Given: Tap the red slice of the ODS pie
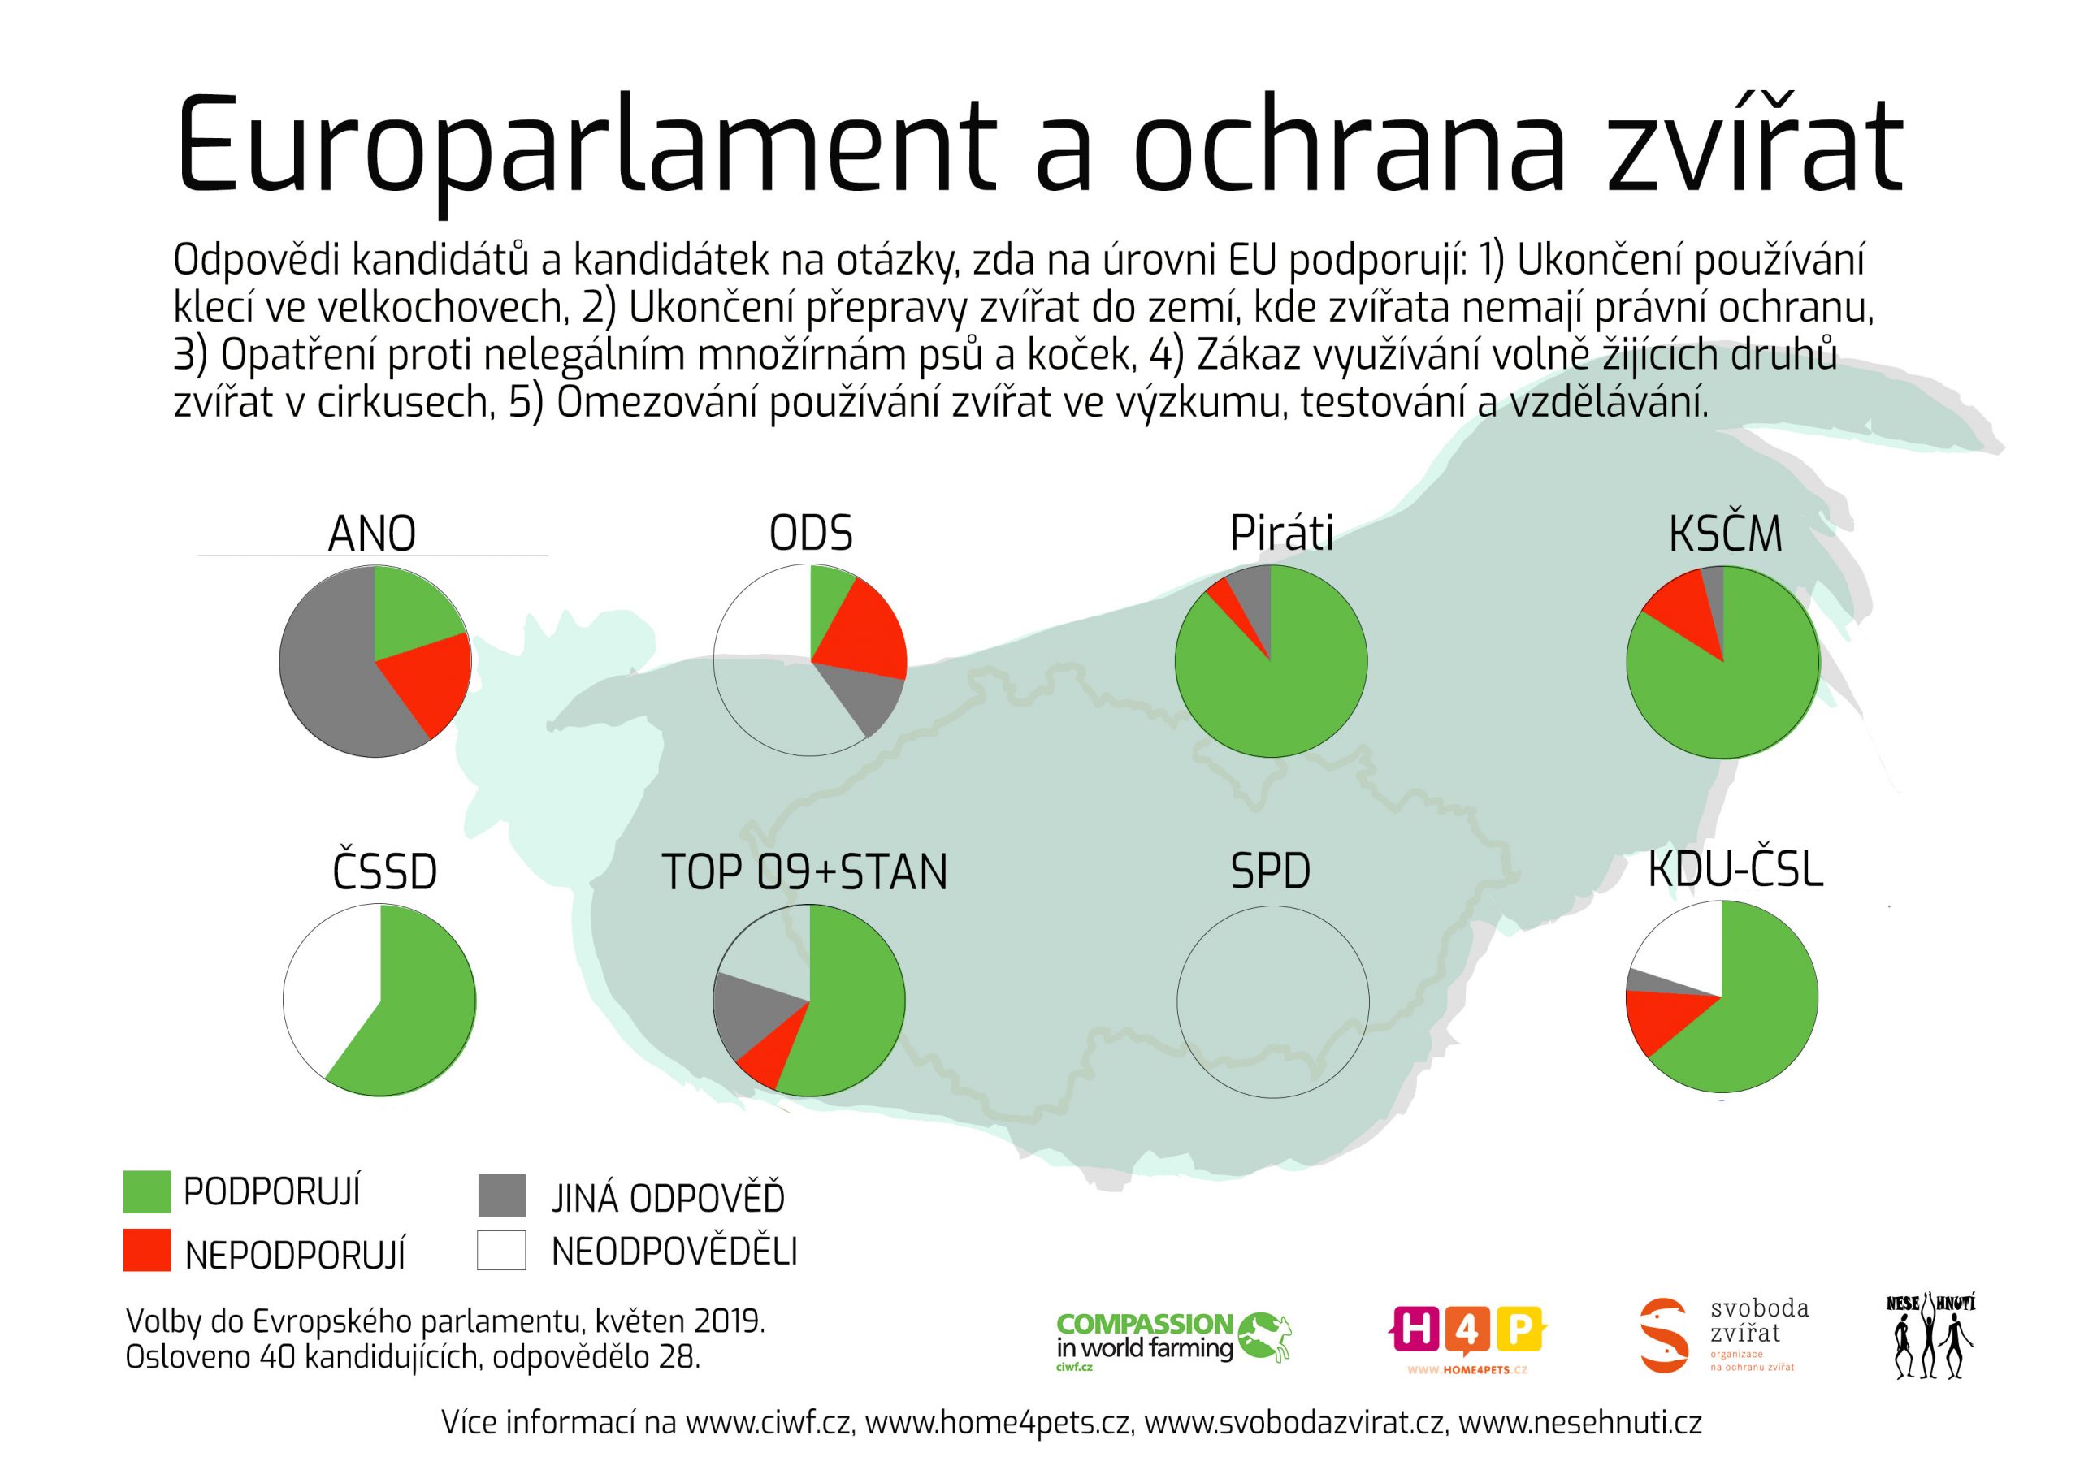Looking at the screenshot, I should click(x=860, y=634).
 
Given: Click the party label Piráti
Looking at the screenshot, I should click(x=1281, y=534).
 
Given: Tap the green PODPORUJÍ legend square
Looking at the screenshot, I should click(x=147, y=1192).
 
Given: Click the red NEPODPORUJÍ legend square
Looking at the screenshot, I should click(x=147, y=1251).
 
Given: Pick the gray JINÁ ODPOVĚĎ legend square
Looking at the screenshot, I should click(x=502, y=1195).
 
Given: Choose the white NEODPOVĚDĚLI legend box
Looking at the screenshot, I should click(x=502, y=1251).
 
